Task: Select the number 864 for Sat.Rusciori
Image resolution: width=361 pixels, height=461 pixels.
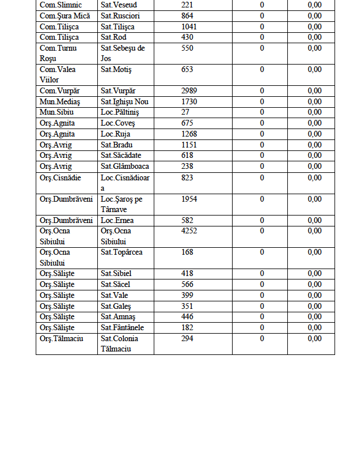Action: point(187,16)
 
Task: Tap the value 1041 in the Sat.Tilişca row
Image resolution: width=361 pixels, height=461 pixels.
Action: point(189,27)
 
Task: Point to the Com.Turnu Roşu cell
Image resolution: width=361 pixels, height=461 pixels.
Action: point(58,53)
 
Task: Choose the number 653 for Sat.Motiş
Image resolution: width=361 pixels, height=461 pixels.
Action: point(187,70)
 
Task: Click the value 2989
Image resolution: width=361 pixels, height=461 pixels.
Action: point(189,91)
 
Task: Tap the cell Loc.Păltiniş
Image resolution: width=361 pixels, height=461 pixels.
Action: point(120,112)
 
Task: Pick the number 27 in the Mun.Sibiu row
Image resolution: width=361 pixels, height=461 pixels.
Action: point(185,112)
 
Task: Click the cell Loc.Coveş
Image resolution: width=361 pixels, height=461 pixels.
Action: point(117,123)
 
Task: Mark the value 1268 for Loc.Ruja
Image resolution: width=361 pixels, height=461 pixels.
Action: point(189,134)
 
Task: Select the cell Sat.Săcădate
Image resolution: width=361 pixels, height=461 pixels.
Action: point(121,156)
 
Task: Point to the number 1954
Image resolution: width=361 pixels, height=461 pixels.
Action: point(189,199)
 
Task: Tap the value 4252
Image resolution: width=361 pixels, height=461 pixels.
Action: point(189,231)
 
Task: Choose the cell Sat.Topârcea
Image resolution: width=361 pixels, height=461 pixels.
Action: point(121,252)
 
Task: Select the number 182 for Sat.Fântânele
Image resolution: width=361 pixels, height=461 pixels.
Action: point(187,328)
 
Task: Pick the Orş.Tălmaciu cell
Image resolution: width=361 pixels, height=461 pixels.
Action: point(61,339)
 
